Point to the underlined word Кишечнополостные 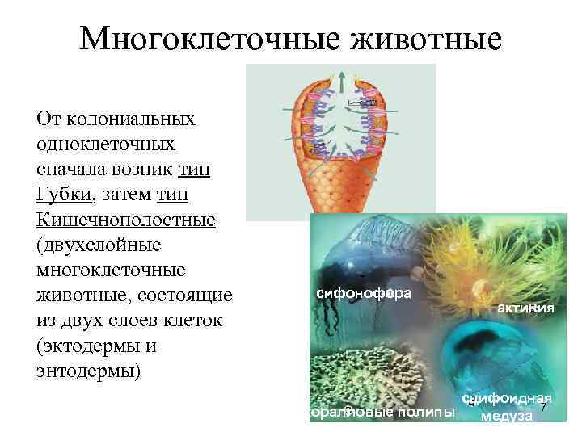coord(126,220)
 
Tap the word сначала coord(75,170)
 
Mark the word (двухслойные coord(99,245)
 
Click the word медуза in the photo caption coord(506,417)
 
